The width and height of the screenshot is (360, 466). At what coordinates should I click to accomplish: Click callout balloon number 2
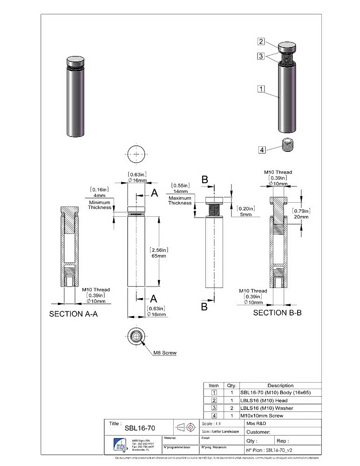click(261, 41)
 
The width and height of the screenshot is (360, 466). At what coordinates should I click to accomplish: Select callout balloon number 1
click(261, 88)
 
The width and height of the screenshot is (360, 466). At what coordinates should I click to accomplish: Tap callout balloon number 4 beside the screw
click(262, 150)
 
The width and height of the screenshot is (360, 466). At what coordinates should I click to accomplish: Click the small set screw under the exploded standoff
click(290, 146)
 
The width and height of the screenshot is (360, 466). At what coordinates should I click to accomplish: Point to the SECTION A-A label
click(73, 314)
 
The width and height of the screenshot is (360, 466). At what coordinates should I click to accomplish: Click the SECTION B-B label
click(277, 313)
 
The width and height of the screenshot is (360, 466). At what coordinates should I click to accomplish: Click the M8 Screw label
click(165, 353)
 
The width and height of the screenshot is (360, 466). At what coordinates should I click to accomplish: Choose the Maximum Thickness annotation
click(180, 200)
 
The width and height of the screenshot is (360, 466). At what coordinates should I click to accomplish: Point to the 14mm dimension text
click(180, 191)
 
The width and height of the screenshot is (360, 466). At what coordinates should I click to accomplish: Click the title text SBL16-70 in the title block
click(140, 428)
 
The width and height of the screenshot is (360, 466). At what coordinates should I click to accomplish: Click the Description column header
click(280, 385)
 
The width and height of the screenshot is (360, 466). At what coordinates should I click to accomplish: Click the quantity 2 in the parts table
click(231, 408)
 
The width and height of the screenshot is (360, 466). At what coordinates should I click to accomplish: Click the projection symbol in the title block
click(186, 427)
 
